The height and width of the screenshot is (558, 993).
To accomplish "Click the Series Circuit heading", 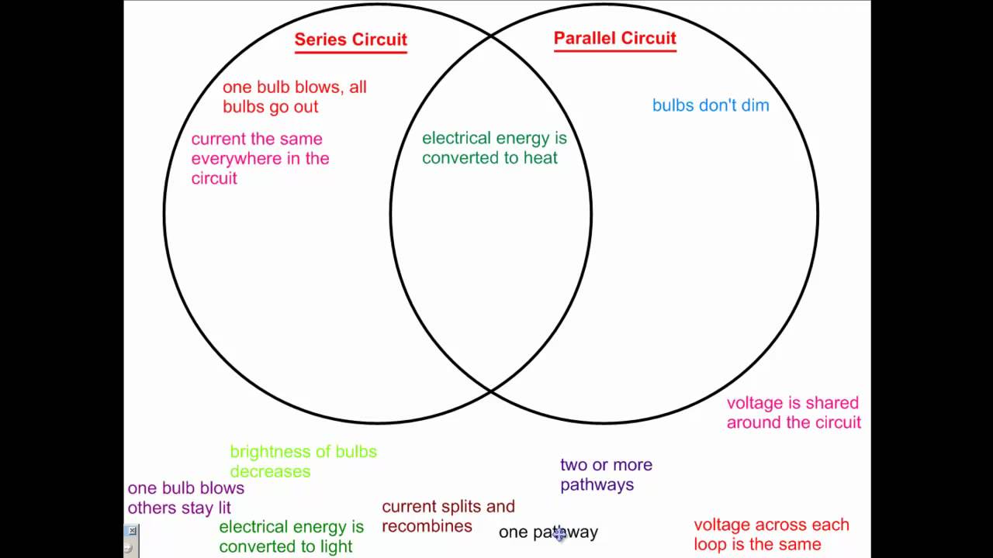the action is coord(351,40).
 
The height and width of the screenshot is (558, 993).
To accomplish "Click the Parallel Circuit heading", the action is coord(614,38).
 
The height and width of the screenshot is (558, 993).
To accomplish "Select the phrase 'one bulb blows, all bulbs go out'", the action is coord(294,97).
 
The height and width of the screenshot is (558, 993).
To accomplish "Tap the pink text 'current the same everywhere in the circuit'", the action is coord(260,158).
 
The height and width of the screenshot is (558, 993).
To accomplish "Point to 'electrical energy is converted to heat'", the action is coord(494,147).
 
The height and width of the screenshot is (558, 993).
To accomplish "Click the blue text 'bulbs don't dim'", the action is coord(711,105).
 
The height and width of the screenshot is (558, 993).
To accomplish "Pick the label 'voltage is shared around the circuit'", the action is coord(793,412).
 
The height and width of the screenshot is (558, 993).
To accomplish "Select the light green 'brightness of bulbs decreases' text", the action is coord(303,461).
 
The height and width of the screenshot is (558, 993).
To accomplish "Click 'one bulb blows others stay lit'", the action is coord(185,498).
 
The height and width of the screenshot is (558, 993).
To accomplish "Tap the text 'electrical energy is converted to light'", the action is coord(291,536).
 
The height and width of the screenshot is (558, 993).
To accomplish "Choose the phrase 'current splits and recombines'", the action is coord(448,516).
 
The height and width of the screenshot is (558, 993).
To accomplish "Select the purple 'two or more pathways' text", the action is coord(606,474).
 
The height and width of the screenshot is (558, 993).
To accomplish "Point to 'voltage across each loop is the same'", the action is coord(771,535).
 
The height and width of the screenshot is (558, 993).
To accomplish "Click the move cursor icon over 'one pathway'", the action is coord(560,533).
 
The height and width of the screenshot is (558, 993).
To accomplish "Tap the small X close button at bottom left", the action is coord(132,531).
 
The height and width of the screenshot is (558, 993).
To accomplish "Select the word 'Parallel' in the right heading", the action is coord(583,38).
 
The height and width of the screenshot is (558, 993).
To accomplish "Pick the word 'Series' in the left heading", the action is coord(319,40).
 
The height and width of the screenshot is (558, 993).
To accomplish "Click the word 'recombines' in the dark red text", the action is coord(427,526).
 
